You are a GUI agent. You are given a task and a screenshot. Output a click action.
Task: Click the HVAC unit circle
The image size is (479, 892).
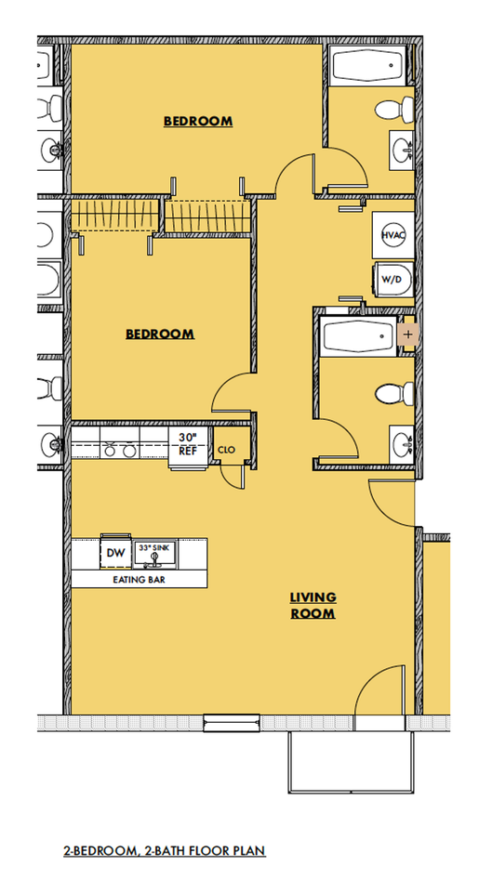(x=393, y=235)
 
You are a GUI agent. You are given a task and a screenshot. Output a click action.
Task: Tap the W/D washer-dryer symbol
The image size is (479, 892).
(x=393, y=280)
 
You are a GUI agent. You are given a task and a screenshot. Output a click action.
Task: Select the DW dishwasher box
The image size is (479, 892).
(x=115, y=552)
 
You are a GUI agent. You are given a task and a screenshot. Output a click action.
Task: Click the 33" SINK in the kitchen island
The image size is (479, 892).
(x=155, y=555)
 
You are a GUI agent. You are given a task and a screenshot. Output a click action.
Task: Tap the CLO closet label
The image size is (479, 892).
(x=226, y=450)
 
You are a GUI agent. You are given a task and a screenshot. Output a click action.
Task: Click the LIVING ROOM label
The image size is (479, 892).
(x=313, y=605)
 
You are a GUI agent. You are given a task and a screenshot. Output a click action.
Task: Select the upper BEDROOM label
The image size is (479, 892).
(x=198, y=121)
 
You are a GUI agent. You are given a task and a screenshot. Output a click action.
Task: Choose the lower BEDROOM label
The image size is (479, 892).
(x=160, y=334)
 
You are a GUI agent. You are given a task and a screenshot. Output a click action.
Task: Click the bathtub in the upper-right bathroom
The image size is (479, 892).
(x=368, y=66)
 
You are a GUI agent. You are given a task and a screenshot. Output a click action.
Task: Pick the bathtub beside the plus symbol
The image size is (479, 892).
(x=358, y=336)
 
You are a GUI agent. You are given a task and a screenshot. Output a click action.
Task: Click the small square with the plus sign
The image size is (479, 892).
(x=407, y=334)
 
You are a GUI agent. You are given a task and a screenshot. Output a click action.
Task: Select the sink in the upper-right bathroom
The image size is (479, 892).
(x=402, y=151)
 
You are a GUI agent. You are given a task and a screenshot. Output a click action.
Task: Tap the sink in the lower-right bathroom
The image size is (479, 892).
(x=402, y=444)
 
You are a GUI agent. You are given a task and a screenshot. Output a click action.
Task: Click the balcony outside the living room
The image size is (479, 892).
(x=351, y=762)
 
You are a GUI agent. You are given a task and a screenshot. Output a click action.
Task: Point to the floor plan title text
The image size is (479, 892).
(x=164, y=851)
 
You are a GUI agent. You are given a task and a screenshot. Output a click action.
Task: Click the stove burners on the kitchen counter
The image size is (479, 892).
(x=120, y=451)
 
